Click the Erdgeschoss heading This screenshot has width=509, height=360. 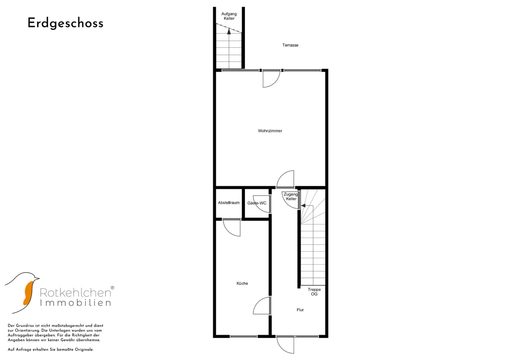coord(65,23)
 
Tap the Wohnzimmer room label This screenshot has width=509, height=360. coord(270,131)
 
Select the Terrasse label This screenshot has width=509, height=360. coord(290,45)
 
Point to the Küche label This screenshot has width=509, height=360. coord(242,283)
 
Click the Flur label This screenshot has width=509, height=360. coord(300,310)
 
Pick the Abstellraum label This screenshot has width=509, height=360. coord(229,203)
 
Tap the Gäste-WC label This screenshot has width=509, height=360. coord(257,203)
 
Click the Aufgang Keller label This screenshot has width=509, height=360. coord(229,16)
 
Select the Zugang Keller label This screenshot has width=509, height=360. coord(291,197)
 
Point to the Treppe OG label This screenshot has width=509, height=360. coord(314,292)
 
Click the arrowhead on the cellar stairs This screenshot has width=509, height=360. coord(229,32)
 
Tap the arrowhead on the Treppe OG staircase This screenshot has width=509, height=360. coord(303,206)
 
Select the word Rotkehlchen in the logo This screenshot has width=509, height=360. coord(75,293)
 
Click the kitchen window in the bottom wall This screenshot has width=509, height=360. coord(244,336)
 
